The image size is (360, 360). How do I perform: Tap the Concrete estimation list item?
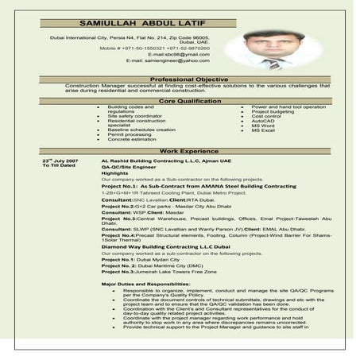tap(134, 139)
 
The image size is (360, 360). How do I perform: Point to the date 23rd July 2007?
tap(60, 160)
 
